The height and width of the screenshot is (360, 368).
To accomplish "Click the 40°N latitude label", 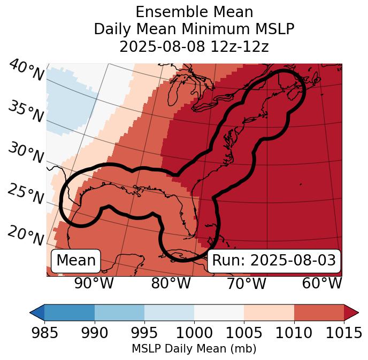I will (x=26, y=71).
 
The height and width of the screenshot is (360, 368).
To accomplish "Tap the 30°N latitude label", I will (x=26, y=153).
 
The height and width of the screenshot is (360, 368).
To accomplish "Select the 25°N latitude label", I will (x=26, y=194).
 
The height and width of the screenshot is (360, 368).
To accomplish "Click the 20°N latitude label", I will (x=26, y=235).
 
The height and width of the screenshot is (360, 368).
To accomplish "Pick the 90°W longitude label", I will (x=94, y=283).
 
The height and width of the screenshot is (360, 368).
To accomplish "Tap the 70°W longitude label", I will (x=247, y=283).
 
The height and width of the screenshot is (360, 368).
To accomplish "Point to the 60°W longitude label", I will (x=322, y=283).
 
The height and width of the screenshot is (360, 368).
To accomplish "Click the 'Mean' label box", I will (x=76, y=261).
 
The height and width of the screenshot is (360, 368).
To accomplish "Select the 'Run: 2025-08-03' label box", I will (x=274, y=261).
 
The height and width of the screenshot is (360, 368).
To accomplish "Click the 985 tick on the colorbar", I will (x=44, y=333).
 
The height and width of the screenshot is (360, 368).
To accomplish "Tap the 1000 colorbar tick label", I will (x=194, y=333).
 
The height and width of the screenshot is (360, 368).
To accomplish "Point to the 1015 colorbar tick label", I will (x=344, y=333).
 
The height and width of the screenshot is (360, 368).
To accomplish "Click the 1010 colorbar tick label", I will (x=294, y=333).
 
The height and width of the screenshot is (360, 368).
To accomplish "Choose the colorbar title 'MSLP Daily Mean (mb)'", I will (x=194, y=349).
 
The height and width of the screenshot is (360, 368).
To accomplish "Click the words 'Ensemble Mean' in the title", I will (x=194, y=12).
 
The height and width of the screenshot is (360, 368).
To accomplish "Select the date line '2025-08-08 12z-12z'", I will (x=194, y=46).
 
